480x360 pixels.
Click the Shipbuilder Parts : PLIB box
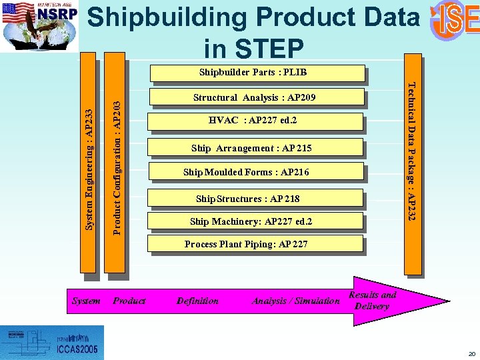click(257, 72)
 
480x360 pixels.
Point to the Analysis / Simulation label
click(295, 301)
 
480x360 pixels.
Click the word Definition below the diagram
click(197, 301)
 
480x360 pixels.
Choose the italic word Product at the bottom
click(129, 301)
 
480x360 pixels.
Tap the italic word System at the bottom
click(86, 301)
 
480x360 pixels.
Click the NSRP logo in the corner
click(39, 25)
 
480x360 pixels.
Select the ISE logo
click(455, 20)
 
